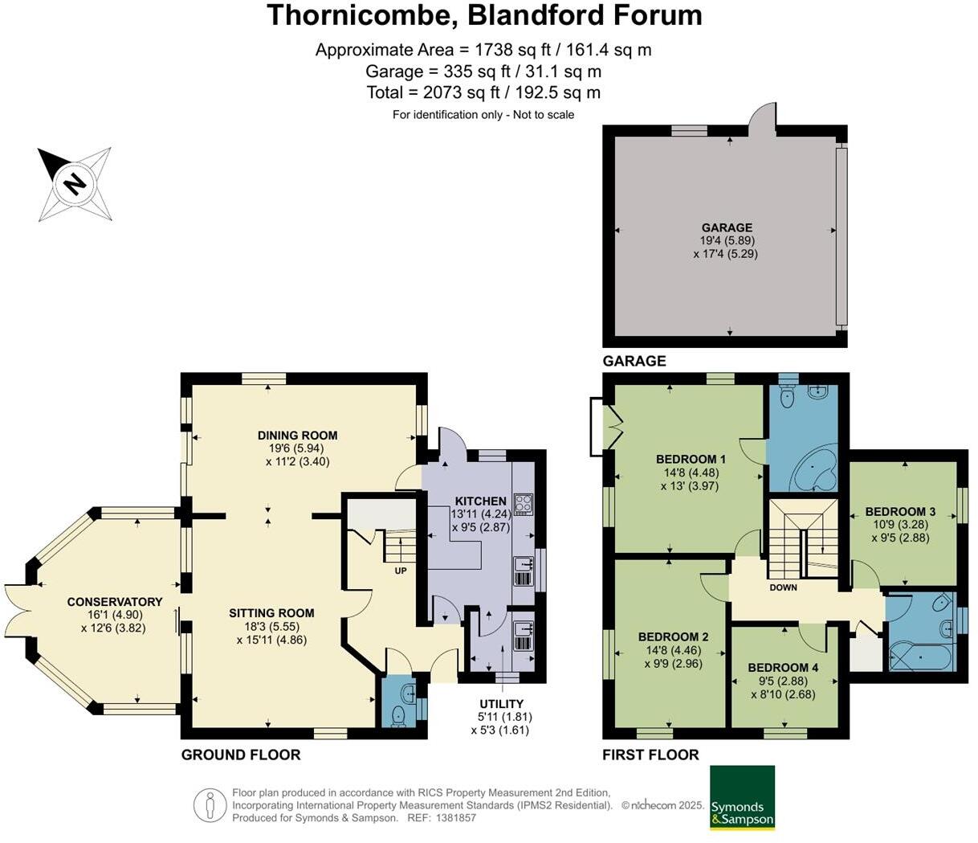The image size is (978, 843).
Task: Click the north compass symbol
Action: [x=75, y=184]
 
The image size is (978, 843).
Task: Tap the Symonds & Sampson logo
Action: [x=742, y=797]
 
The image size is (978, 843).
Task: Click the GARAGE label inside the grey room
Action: [x=727, y=227]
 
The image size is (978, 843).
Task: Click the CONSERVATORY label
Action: [x=114, y=602]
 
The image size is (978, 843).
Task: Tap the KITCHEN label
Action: [x=481, y=501]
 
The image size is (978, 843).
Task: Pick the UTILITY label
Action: [x=501, y=704]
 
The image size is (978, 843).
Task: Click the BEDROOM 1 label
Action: [x=687, y=460]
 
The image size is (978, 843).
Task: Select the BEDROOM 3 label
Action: [x=900, y=512]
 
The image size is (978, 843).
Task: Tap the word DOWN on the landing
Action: [x=783, y=587]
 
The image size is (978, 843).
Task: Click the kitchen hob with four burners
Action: [x=524, y=504]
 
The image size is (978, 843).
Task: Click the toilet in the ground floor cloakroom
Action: [x=399, y=714]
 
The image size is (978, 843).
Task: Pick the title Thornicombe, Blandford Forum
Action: [x=484, y=15]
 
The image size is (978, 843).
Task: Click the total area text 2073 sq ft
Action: [x=483, y=92]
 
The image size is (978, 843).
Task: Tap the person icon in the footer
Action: [x=210, y=804]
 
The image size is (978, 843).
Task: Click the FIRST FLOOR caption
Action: [x=650, y=755]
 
